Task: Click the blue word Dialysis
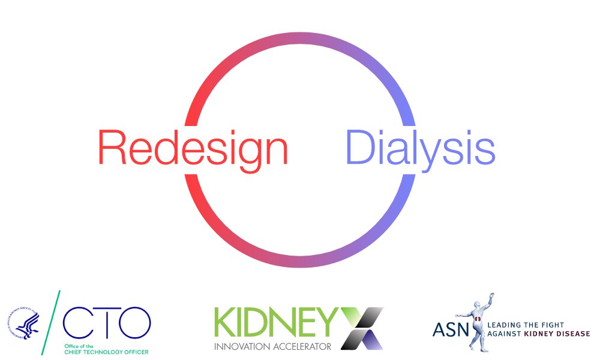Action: [420, 148]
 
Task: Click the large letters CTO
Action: [106, 322]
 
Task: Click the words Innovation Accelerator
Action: [273, 346]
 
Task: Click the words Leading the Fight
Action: [526, 325]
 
